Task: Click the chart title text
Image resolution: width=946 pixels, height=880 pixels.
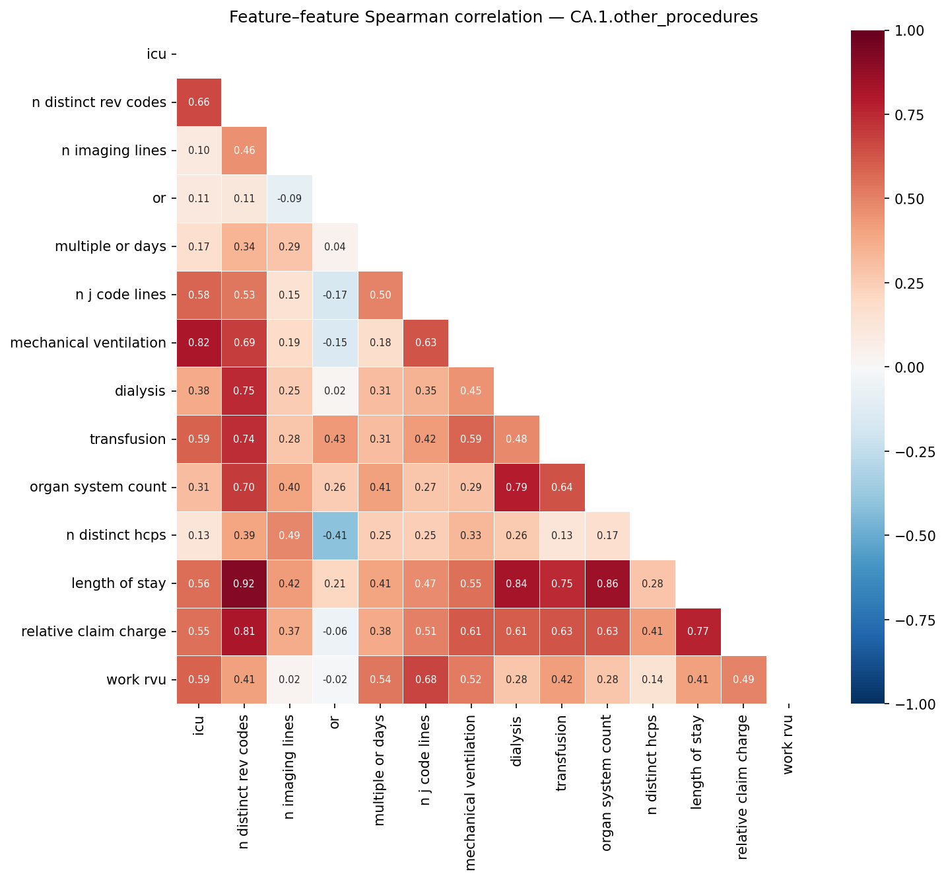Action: [x=493, y=18]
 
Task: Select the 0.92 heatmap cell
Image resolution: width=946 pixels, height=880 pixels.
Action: [x=244, y=583]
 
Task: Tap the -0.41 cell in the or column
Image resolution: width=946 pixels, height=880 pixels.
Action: [x=335, y=535]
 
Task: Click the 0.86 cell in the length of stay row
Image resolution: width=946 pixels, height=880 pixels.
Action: [x=607, y=583]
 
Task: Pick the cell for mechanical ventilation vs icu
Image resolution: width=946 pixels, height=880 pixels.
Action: [x=199, y=343]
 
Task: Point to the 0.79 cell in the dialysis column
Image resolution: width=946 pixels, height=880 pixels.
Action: [x=517, y=488]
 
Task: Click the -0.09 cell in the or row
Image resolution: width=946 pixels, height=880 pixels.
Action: [x=289, y=198]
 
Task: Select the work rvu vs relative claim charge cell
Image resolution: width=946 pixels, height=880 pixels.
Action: [x=743, y=680]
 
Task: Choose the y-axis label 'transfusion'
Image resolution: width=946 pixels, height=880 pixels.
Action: [x=127, y=439]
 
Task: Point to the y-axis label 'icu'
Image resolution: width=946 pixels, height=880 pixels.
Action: [x=156, y=54]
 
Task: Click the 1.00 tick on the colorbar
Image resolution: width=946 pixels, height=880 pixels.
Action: [x=910, y=30]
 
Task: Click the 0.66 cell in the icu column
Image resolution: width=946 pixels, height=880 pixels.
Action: [x=199, y=102]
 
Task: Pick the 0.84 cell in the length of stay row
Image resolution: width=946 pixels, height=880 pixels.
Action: [x=517, y=583]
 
